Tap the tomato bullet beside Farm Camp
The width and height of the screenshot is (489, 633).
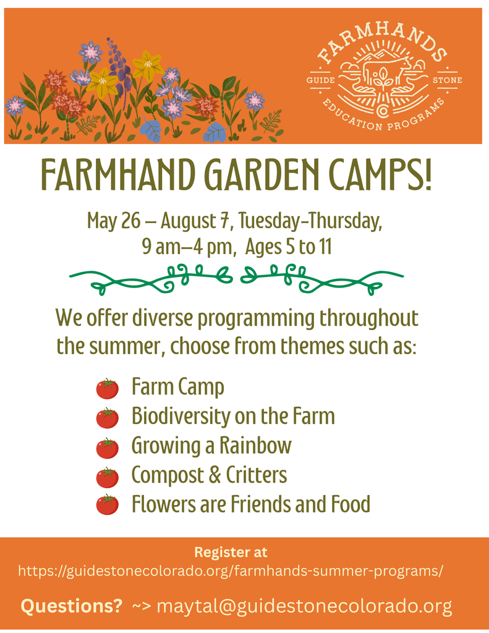click(108, 388)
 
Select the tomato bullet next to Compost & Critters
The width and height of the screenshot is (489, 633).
click(108, 477)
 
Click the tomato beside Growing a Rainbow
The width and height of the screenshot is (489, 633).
click(108, 447)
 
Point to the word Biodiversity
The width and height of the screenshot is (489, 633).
click(180, 417)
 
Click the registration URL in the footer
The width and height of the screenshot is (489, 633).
click(231, 571)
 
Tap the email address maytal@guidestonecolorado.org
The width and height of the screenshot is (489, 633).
click(304, 606)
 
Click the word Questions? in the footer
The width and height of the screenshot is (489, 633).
click(72, 606)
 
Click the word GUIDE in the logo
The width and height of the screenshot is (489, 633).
click(321, 80)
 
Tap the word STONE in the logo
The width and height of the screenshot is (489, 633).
click(447, 80)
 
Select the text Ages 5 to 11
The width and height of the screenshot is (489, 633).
click(289, 247)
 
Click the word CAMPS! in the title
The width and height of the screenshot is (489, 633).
click(383, 176)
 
